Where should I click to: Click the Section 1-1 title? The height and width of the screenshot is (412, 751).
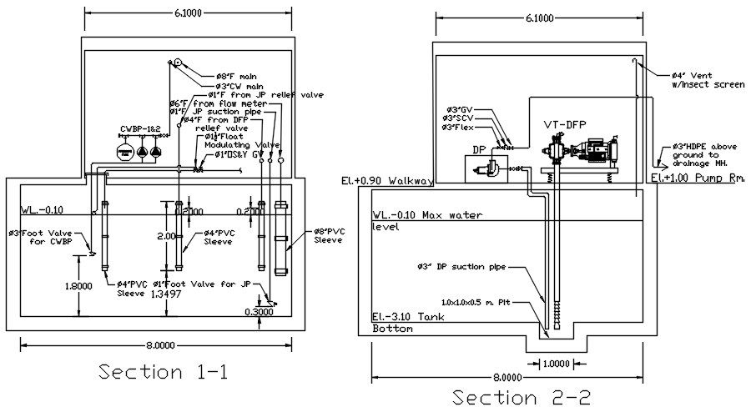(163, 371)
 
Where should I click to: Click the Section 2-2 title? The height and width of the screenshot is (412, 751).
(522, 397)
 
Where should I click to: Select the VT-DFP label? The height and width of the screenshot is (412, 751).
(565, 124)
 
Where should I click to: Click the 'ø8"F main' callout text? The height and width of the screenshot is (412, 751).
(237, 76)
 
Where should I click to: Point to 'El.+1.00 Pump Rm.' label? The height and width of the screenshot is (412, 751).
(698, 178)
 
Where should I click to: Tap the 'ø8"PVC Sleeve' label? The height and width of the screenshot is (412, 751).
(318, 236)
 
